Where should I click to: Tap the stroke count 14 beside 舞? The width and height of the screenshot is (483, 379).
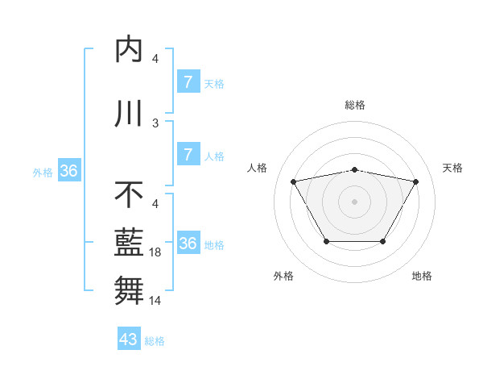(x=155, y=301)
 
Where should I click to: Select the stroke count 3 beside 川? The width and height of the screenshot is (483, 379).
(x=155, y=123)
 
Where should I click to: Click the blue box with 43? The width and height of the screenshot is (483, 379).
(x=129, y=339)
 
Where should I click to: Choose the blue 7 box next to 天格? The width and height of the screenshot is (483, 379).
(x=188, y=82)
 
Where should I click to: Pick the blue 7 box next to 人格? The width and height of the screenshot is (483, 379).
(x=188, y=155)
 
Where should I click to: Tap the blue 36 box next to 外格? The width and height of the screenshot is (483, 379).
(x=68, y=171)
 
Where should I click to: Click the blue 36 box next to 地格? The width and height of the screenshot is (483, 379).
(x=188, y=244)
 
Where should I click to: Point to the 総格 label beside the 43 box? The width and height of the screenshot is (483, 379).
(x=155, y=341)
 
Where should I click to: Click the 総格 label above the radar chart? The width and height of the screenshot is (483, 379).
(x=354, y=105)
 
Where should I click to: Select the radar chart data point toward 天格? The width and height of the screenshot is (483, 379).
(x=415, y=181)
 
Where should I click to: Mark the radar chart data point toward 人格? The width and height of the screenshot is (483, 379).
(x=293, y=181)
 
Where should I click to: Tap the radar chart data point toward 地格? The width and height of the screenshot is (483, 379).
(x=382, y=241)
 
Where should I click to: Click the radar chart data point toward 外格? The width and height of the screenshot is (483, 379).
(x=326, y=241)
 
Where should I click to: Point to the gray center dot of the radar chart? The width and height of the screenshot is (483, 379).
(x=354, y=201)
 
